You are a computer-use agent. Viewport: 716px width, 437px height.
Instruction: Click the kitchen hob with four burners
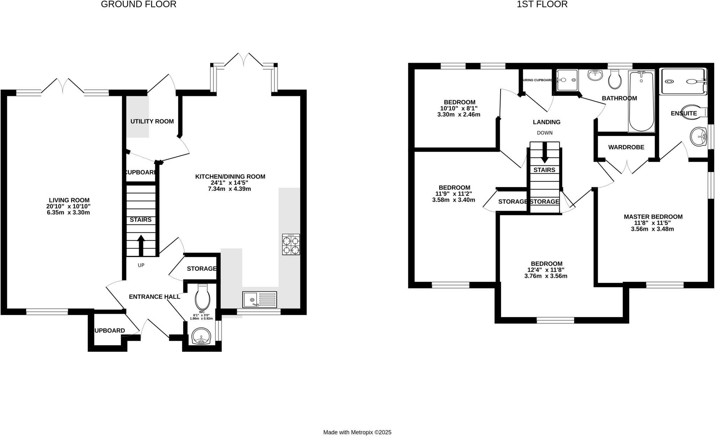click(x=291, y=244)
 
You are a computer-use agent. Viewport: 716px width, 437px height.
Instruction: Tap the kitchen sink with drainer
click(x=260, y=300)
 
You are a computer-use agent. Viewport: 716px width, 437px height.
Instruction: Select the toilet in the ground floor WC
click(x=203, y=298)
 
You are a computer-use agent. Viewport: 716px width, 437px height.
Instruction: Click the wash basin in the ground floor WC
click(x=201, y=336)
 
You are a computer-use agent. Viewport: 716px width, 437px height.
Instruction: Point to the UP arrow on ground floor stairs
click(x=141, y=245)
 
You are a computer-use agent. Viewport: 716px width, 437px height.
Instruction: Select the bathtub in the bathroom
click(x=641, y=101)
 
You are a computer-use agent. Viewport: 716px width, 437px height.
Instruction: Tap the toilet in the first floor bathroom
click(x=615, y=79)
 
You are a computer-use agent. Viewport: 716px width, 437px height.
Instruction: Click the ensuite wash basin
click(x=699, y=136)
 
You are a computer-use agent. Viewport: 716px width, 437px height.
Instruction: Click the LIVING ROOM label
click(x=69, y=200)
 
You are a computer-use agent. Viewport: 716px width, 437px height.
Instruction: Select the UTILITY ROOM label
click(x=152, y=121)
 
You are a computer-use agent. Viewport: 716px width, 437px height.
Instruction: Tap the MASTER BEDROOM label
click(x=653, y=217)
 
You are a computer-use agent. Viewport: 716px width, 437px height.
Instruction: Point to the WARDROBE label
click(x=626, y=147)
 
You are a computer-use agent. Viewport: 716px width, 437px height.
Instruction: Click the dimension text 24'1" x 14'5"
click(x=230, y=183)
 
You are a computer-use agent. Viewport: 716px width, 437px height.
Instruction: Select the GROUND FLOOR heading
click(x=138, y=4)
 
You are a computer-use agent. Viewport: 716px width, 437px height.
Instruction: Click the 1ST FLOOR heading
click(x=542, y=4)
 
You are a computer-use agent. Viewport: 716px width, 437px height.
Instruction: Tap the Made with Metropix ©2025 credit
click(x=357, y=432)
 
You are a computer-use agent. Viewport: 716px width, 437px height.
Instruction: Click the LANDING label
click(x=546, y=122)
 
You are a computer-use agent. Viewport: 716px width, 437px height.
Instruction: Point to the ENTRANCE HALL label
click(x=155, y=297)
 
